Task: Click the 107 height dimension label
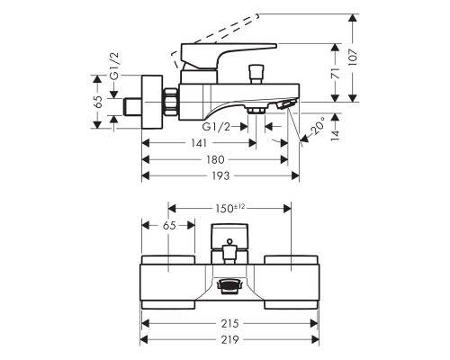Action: tap(354, 58)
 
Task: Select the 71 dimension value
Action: tap(336, 74)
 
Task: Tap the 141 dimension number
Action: tap(199, 143)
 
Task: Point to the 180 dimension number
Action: tap(215, 159)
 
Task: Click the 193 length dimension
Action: tap(220, 175)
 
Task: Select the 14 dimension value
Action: tap(336, 135)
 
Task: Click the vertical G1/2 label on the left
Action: tap(114, 66)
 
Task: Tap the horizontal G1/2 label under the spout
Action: tap(216, 127)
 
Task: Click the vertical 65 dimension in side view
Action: tap(98, 102)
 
